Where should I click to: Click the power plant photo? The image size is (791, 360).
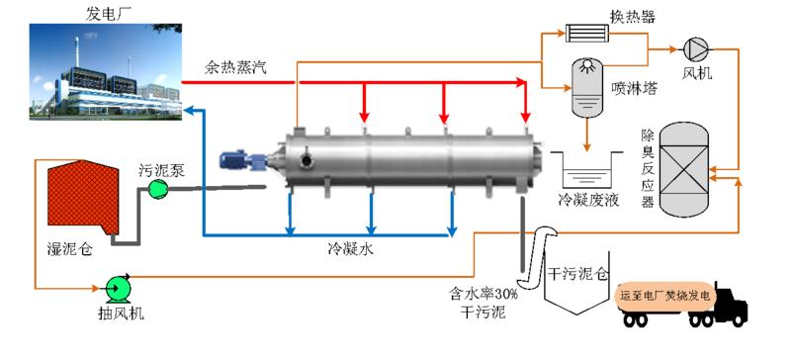click(x=106, y=71)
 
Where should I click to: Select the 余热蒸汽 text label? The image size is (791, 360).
click(x=235, y=67)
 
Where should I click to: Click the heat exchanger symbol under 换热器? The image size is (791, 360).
click(x=586, y=34)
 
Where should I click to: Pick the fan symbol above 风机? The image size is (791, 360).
click(x=696, y=49)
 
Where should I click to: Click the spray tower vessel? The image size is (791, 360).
click(x=587, y=86)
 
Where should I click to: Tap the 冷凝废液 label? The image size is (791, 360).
click(x=588, y=200)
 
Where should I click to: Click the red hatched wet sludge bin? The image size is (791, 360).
click(x=83, y=197)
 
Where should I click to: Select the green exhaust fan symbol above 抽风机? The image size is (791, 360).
click(x=119, y=288)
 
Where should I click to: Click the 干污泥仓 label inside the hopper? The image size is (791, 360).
click(x=578, y=274)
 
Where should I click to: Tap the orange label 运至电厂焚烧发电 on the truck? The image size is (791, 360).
click(x=665, y=296)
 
